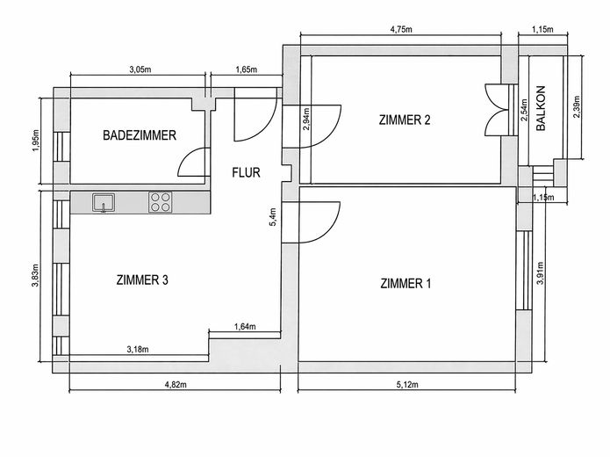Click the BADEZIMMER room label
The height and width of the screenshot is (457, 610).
140,135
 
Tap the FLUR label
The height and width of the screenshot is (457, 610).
246,172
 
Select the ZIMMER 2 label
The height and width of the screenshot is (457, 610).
405,120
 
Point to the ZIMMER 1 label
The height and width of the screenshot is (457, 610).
405,283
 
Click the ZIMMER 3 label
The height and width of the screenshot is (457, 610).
142,279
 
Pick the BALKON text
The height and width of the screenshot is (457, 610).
541,108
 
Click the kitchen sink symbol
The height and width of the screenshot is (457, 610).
104,203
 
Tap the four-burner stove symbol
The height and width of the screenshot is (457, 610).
161,203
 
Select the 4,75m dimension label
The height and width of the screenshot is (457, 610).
401,30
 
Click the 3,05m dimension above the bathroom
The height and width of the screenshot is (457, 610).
140,69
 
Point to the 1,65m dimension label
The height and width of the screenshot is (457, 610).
247,69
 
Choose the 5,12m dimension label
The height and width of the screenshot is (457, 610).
407,385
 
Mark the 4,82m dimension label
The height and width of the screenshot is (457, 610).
176,385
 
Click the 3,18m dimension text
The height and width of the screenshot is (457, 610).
138,350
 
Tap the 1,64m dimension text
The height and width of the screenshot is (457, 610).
245,326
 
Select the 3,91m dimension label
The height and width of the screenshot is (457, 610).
540,272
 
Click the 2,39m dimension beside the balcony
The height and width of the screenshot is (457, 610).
576,106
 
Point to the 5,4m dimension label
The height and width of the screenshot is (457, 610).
273,217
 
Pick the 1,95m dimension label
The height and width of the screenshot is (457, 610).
36,141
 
